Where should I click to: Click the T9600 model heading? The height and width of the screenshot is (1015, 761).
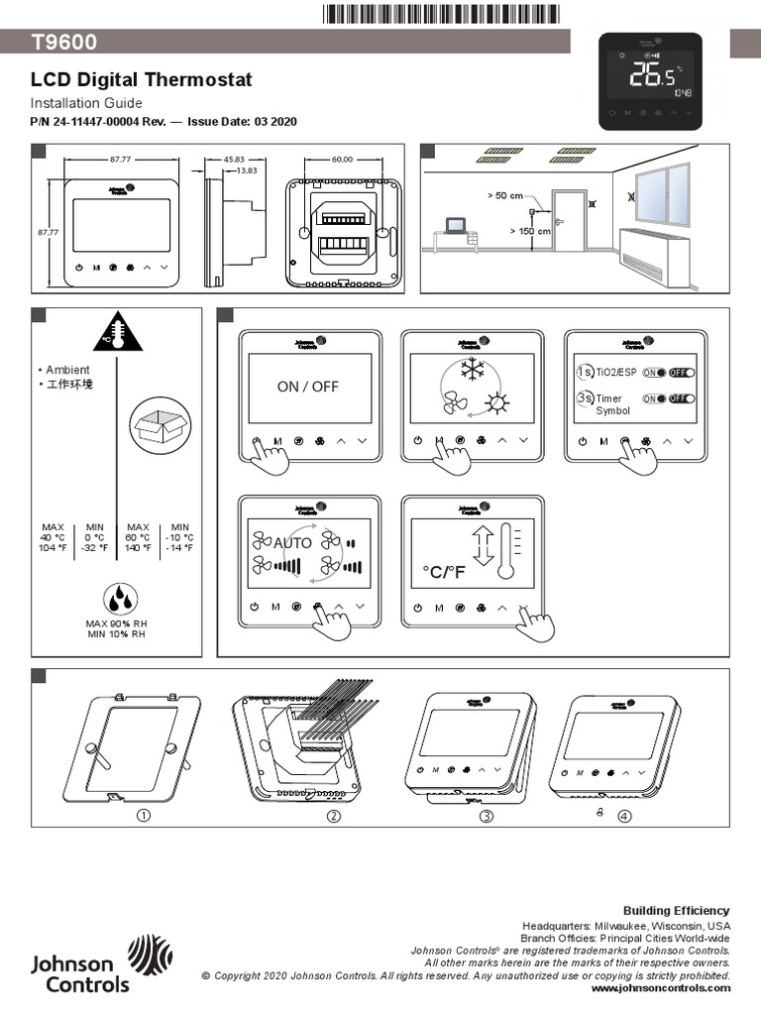click(x=61, y=42)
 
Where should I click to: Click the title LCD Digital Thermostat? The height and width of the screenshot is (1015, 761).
click(x=141, y=80)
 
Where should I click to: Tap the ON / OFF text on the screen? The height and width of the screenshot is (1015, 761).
click(x=307, y=387)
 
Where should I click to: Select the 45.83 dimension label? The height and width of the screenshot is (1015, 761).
click(x=234, y=159)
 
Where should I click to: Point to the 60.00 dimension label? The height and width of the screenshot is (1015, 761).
click(x=342, y=159)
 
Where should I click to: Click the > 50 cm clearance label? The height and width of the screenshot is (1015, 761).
click(x=505, y=196)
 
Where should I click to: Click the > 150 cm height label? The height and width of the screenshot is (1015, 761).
click(x=530, y=231)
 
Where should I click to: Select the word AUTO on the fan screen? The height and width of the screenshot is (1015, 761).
click(x=292, y=543)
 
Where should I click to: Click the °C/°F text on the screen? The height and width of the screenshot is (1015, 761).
click(x=443, y=572)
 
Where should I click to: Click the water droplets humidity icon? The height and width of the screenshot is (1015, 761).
click(x=121, y=598)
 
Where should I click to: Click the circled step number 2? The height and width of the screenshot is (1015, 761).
click(x=334, y=816)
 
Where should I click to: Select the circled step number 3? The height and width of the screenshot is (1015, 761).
click(x=487, y=816)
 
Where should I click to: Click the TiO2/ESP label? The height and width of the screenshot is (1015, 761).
click(x=615, y=373)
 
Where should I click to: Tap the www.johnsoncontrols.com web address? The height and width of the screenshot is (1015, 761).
click(x=660, y=988)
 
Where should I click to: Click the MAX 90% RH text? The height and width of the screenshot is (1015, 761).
click(x=116, y=622)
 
